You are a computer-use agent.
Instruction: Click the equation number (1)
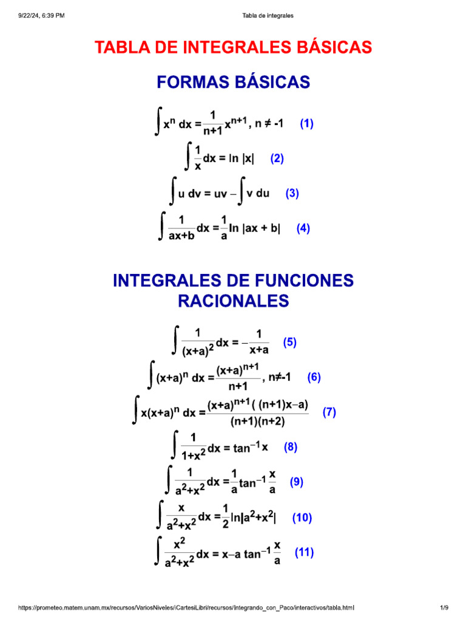tap(306, 124)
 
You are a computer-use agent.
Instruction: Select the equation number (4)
tap(303, 228)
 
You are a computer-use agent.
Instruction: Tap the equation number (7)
tap(329, 412)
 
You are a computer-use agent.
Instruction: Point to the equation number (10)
tap(302, 518)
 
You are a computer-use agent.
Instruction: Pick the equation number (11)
tap(304, 553)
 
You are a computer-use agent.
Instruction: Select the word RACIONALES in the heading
tap(234, 301)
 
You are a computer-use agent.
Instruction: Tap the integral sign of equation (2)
tap(189, 158)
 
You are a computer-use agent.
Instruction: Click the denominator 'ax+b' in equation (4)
tap(181, 237)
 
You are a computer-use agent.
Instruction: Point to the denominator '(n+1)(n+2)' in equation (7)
tap(258, 420)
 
